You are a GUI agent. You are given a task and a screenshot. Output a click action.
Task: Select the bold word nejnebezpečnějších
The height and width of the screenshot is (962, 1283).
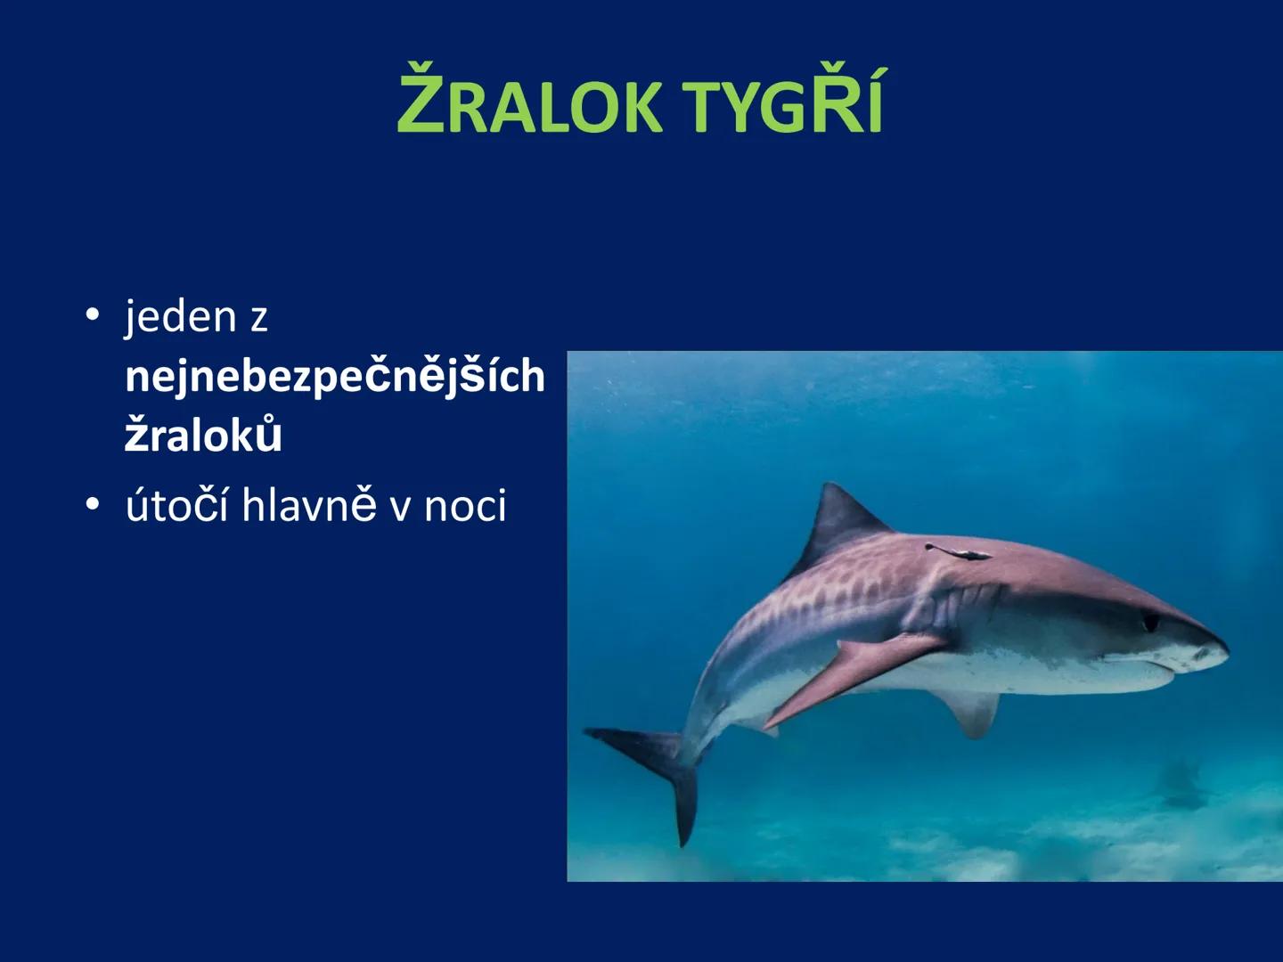(335, 377)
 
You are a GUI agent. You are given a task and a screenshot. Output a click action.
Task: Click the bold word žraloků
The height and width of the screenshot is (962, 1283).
(203, 436)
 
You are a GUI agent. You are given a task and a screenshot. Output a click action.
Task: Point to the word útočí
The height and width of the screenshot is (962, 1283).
(177, 506)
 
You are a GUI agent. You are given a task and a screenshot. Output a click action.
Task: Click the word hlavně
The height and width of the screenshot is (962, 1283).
(309, 506)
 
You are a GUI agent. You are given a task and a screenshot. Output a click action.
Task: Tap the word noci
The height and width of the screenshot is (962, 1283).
(464, 506)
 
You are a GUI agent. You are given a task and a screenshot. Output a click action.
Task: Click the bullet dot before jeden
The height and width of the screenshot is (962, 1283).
(92, 316)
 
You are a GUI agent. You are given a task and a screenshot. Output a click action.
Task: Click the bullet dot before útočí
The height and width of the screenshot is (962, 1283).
(92, 505)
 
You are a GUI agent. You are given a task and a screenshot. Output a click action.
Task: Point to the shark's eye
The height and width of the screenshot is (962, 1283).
(1150, 621)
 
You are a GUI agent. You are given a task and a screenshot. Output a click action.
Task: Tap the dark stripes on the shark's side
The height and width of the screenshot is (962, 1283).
(829, 597)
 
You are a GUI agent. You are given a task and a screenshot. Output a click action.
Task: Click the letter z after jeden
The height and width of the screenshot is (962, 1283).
(258, 319)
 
